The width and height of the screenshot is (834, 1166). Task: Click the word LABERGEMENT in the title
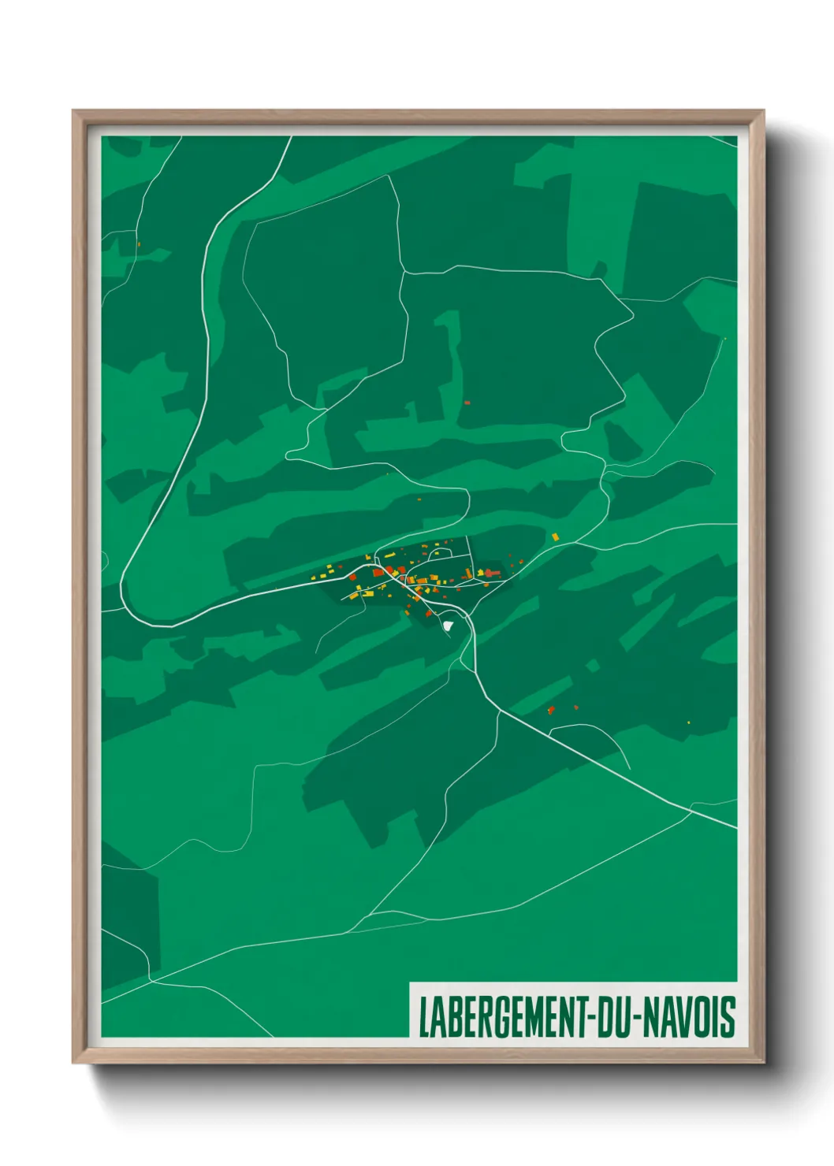(501, 1017)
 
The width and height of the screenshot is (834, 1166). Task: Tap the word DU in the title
(612, 1017)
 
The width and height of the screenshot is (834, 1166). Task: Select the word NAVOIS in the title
(690, 1017)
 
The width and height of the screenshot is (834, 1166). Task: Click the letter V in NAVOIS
(679, 1017)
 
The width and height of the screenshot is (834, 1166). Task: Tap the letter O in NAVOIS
(701, 1017)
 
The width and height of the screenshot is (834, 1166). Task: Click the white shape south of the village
(449, 626)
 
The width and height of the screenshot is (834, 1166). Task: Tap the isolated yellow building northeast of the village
(555, 537)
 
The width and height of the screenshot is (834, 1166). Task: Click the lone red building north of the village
(467, 403)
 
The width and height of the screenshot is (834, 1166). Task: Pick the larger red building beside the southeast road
(551, 710)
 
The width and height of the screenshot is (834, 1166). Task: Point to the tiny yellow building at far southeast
(689, 722)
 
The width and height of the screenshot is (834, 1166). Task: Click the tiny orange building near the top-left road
(139, 244)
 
